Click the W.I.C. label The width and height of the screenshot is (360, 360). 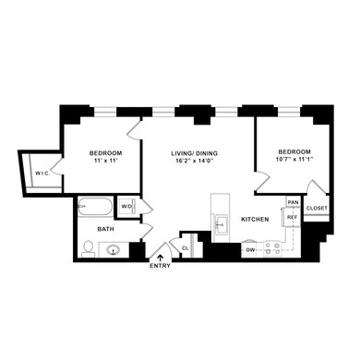point(42,172)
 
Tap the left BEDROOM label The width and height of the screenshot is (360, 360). point(107,152)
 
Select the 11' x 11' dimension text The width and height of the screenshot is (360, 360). point(107,162)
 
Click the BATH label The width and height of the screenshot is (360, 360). point(106,228)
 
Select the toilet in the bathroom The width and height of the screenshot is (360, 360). point(88,247)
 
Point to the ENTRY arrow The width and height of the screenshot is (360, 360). point(162,257)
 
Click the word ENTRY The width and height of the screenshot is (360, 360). point(161,268)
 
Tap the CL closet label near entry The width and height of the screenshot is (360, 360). point(186,247)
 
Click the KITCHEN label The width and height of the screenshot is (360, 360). point(255,220)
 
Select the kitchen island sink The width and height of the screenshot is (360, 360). point(221,224)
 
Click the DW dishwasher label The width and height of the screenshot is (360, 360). point(250,249)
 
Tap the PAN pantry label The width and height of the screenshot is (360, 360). point(292,201)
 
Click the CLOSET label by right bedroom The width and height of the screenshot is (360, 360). point(316,209)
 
